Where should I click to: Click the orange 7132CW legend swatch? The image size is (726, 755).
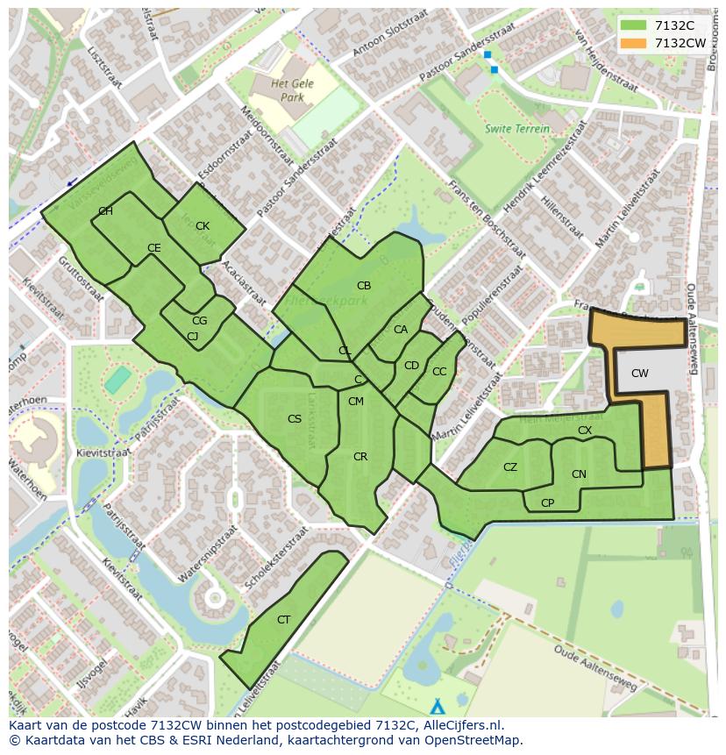click(634, 43)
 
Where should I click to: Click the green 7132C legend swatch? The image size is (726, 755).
click(634, 25)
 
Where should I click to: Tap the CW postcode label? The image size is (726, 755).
click(640, 374)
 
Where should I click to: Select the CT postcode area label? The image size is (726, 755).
click(283, 620)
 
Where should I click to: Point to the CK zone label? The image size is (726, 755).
click(203, 226)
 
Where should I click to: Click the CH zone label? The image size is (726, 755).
click(105, 211)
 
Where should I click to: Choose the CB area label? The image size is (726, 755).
click(364, 286)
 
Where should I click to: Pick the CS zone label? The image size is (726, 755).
click(295, 419)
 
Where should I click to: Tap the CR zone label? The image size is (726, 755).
click(360, 457)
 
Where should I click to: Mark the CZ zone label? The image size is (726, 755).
click(510, 467)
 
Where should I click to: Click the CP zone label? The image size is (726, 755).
click(547, 503)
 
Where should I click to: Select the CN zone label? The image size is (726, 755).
click(579, 474)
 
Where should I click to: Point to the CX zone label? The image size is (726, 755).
click(585, 431)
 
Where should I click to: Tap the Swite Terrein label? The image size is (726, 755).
click(517, 129)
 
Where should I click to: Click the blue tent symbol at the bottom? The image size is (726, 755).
click(438, 706)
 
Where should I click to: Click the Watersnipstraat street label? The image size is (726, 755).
click(208, 554)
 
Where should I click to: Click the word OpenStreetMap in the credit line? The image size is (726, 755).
click(473, 740)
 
